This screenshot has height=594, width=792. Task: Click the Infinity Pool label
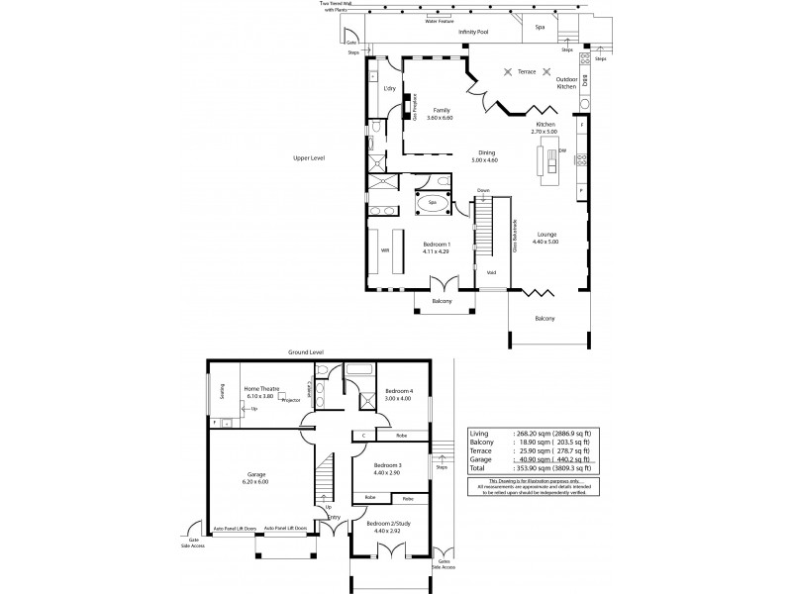click(x=474, y=33)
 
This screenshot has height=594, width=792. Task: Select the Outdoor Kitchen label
click(x=566, y=82)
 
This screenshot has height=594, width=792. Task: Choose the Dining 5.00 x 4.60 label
click(x=485, y=155)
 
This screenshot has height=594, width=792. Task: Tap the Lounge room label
click(x=545, y=237)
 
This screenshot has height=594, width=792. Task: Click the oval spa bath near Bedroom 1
click(x=432, y=204)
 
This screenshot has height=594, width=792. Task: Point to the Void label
click(x=491, y=271)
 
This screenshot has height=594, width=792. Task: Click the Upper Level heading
click(x=309, y=157)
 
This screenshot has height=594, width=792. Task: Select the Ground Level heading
click(x=306, y=351)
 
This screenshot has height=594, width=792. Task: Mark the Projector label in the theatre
click(x=291, y=401)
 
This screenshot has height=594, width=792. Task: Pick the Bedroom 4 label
click(x=399, y=394)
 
